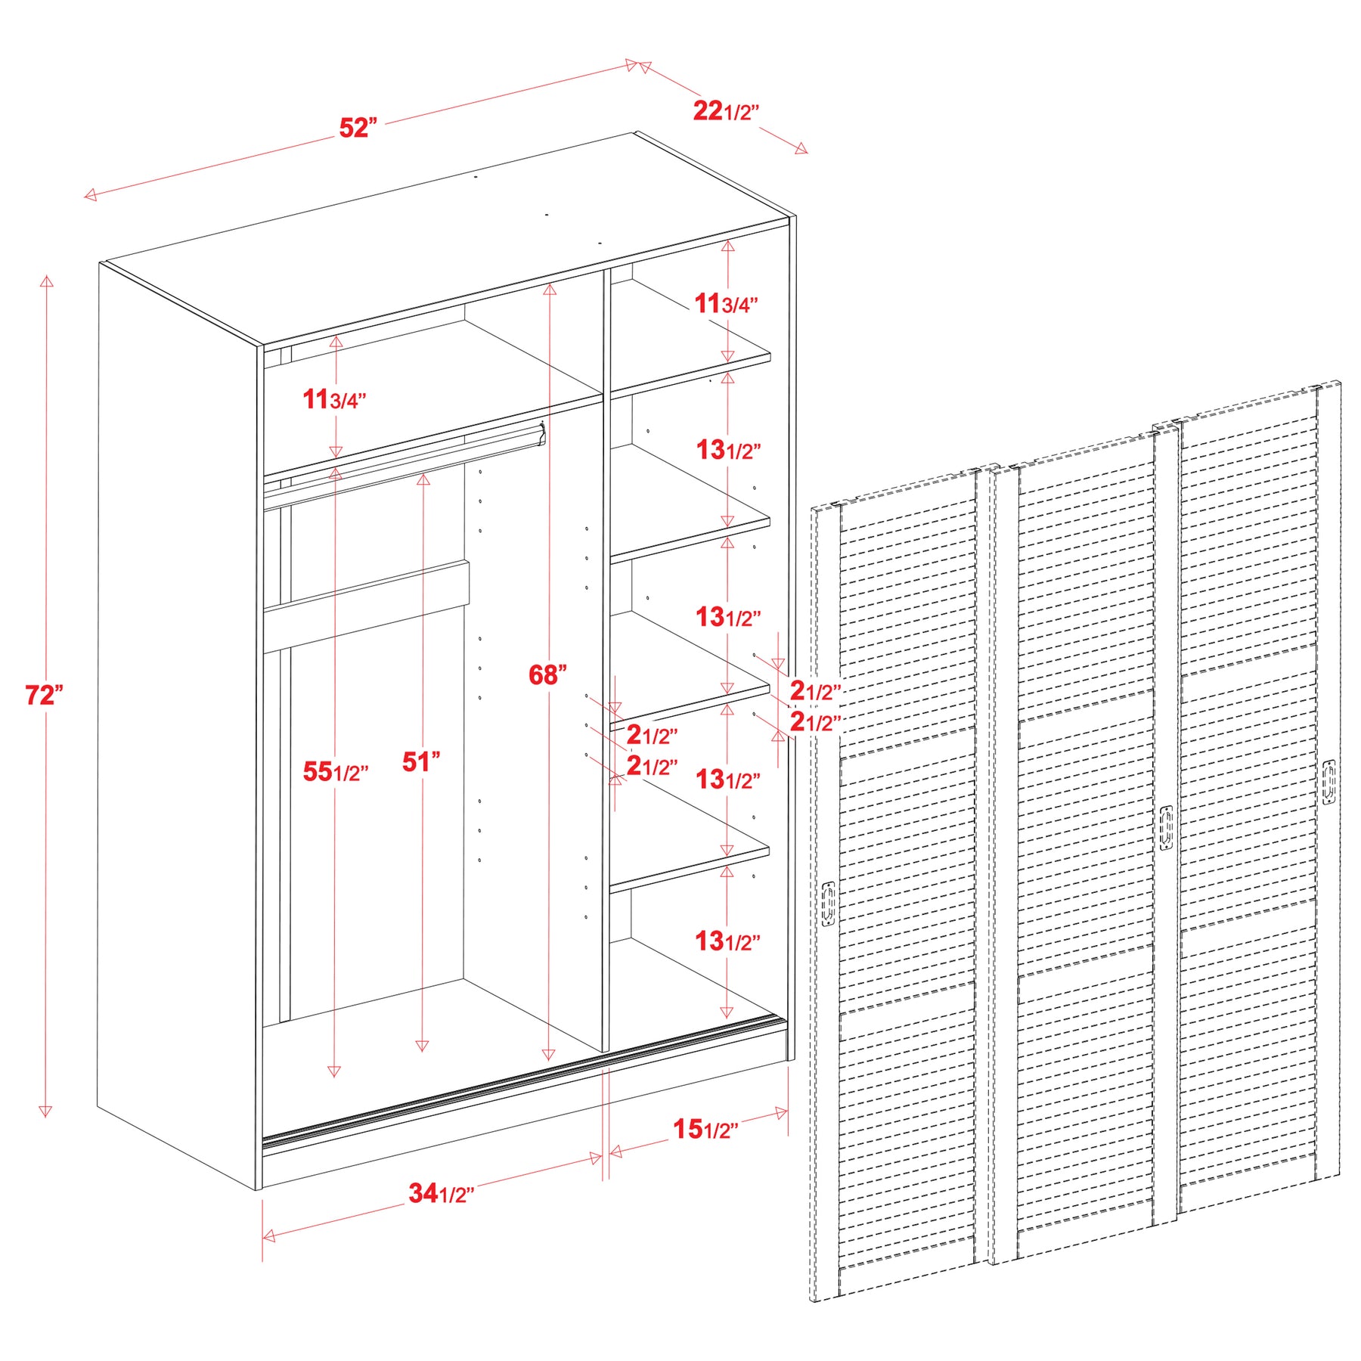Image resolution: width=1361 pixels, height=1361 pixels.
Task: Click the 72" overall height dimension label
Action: [44, 695]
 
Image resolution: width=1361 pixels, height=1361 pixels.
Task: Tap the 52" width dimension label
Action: [358, 128]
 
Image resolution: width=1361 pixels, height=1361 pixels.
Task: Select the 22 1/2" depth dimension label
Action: [726, 111]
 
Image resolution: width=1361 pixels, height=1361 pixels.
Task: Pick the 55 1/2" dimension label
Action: [336, 772]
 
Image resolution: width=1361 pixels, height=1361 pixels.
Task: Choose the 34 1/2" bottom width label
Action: [442, 1193]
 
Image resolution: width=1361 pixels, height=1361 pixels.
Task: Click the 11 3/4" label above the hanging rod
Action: [335, 399]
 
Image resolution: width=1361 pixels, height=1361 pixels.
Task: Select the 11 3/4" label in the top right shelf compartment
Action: [727, 304]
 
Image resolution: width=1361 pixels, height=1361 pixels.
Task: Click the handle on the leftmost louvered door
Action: [829, 904]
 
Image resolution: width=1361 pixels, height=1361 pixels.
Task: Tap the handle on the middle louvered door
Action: [1167, 829]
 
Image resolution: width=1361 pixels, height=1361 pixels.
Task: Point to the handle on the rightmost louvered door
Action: [1329, 782]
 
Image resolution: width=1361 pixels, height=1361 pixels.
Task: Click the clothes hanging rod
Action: [404, 467]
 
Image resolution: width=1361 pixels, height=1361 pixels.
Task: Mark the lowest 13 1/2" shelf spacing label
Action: [728, 941]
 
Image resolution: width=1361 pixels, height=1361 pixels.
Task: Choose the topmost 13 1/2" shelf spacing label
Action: [728, 450]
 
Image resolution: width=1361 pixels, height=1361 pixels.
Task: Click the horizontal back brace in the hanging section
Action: [366, 606]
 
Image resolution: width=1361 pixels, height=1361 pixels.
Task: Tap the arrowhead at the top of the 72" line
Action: [47, 281]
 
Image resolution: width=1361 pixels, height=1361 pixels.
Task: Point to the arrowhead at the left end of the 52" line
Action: [90, 195]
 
